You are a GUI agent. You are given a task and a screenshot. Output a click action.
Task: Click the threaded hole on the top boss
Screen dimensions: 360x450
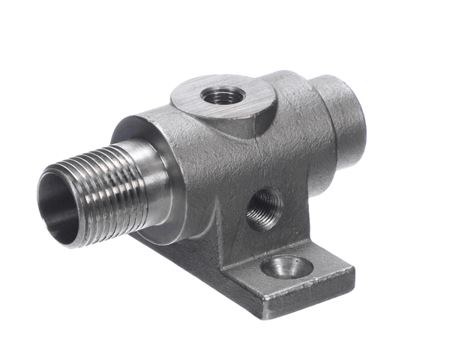(217, 95)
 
